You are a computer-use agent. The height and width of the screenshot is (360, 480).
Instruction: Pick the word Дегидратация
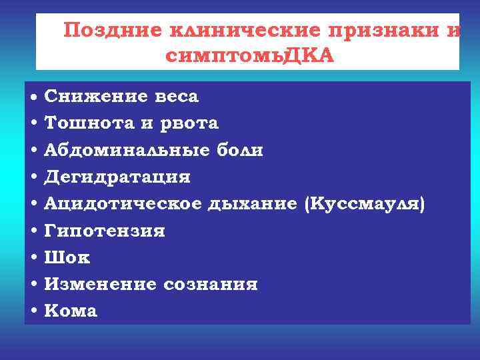coord(117,177)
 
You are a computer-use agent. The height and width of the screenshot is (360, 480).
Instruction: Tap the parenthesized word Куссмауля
coord(364,204)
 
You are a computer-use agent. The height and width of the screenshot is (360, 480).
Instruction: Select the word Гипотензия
coord(105,231)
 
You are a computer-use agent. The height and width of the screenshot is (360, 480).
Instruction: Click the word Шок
coord(67,257)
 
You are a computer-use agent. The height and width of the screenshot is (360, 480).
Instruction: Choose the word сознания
coord(210,285)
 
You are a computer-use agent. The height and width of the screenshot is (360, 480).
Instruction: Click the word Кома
coord(71,311)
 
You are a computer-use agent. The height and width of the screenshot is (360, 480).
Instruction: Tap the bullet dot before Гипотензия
coord(33,231)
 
